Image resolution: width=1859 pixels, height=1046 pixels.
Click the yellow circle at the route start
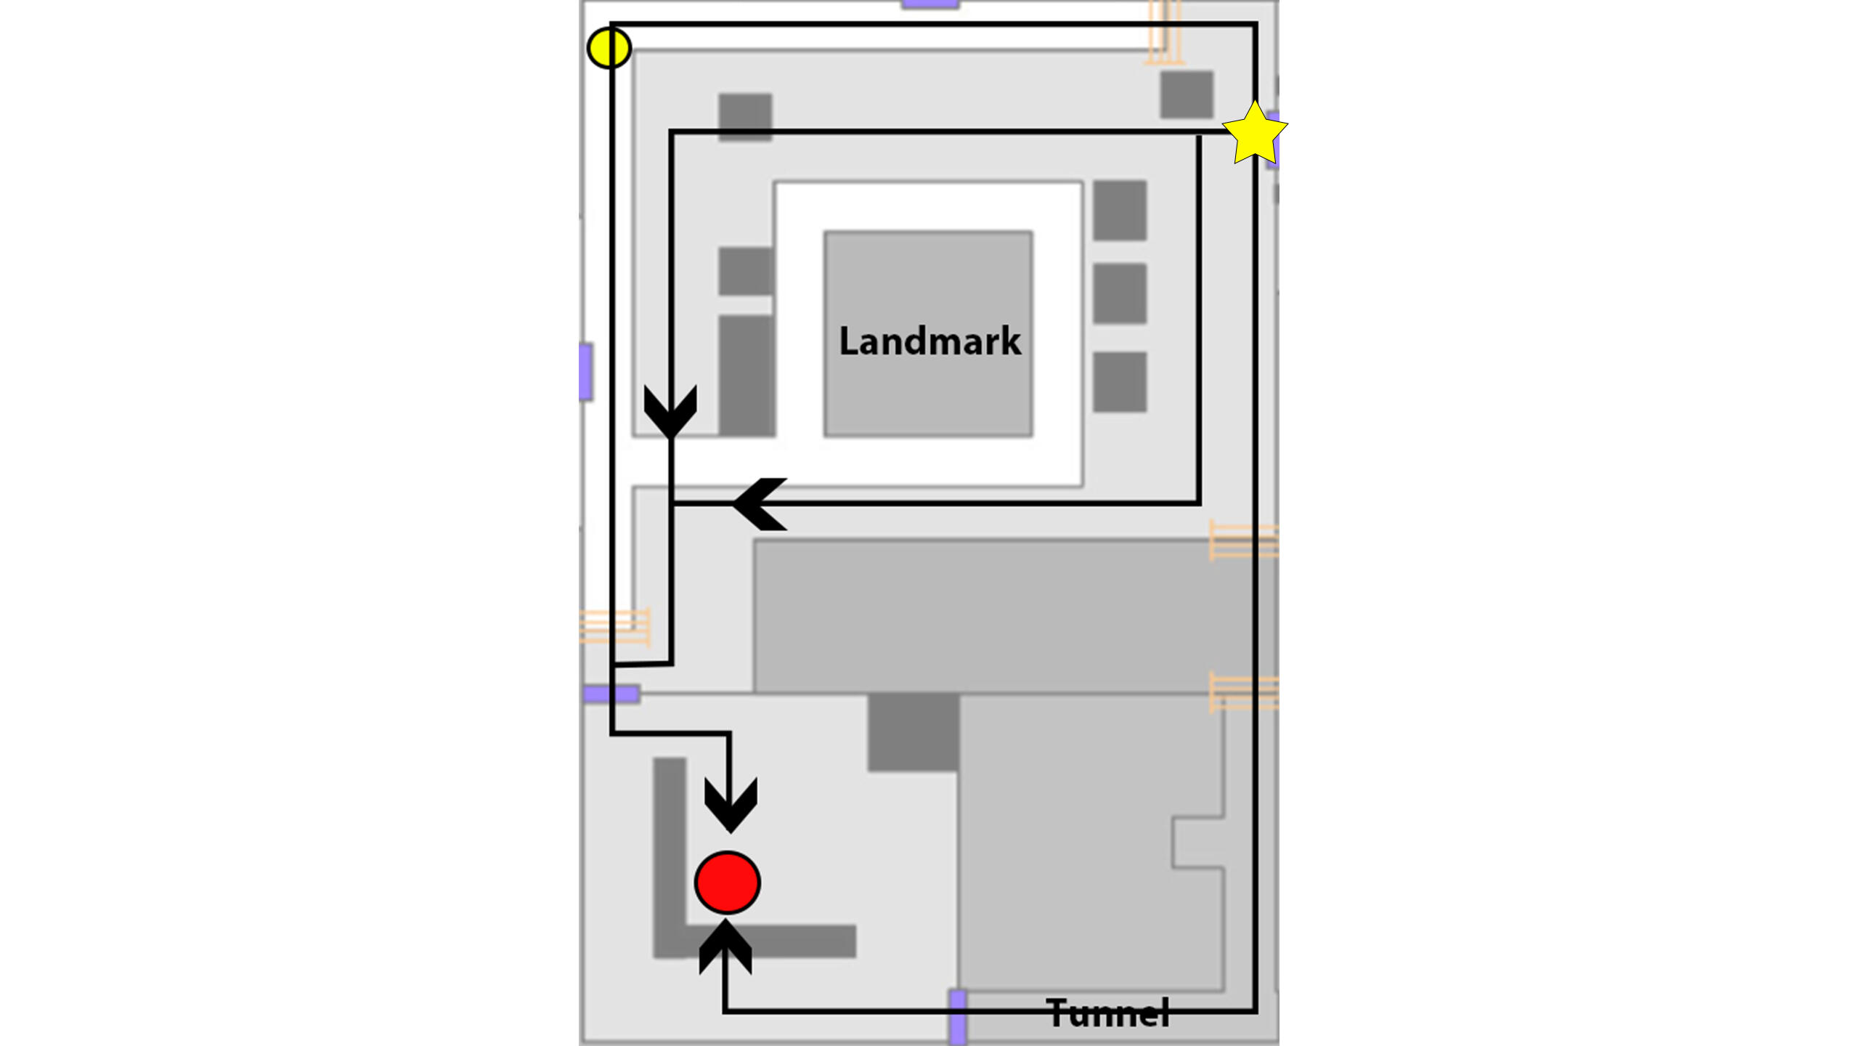pyautogui.click(x=609, y=48)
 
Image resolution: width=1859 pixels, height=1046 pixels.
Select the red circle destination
pyautogui.click(x=728, y=883)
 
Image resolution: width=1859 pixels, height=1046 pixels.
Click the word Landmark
pyautogui.click(x=929, y=341)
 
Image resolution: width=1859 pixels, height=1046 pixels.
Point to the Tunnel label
pyautogui.click(x=1108, y=1013)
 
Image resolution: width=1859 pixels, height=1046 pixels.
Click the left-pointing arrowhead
pyautogui.click(x=760, y=503)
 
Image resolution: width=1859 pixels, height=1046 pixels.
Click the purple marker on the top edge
pyautogui.click(x=930, y=4)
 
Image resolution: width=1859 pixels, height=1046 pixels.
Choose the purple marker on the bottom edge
pyautogui.click(x=958, y=1017)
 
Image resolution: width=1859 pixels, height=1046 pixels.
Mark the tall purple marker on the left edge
pyautogui.click(x=586, y=372)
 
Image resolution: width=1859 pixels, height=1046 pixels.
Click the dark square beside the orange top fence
pyautogui.click(x=1187, y=94)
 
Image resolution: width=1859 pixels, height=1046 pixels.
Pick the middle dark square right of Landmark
pyautogui.click(x=1120, y=293)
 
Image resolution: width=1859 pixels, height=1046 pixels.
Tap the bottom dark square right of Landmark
pyautogui.click(x=1120, y=382)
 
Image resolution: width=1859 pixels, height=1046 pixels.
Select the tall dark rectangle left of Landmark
pyautogui.click(x=746, y=375)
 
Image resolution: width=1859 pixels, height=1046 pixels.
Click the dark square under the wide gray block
pyautogui.click(x=914, y=732)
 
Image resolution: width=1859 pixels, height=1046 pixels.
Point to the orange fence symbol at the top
pyautogui.click(x=1164, y=33)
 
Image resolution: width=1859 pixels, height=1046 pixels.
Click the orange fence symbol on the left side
pyautogui.click(x=615, y=626)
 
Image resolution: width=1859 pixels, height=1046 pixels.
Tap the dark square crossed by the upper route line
pyautogui.click(x=745, y=116)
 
